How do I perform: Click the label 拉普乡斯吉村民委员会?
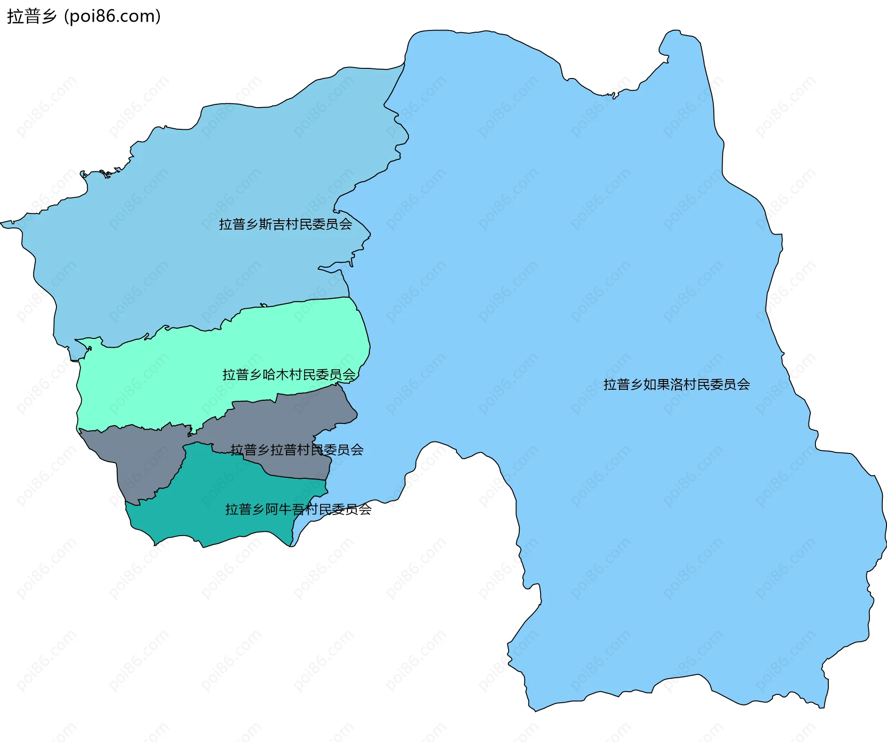click(x=285, y=224)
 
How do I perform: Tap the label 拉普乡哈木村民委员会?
click(x=289, y=374)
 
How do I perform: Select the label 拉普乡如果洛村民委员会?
click(x=676, y=385)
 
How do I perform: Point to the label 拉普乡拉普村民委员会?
click(x=297, y=450)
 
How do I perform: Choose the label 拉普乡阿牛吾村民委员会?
click(x=298, y=509)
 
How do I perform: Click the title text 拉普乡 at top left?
click(x=31, y=16)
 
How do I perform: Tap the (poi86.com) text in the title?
click(x=112, y=16)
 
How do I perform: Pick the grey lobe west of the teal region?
click(x=139, y=462)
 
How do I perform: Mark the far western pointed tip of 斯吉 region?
click(x=3, y=223)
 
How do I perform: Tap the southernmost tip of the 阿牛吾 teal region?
click(x=203, y=547)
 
